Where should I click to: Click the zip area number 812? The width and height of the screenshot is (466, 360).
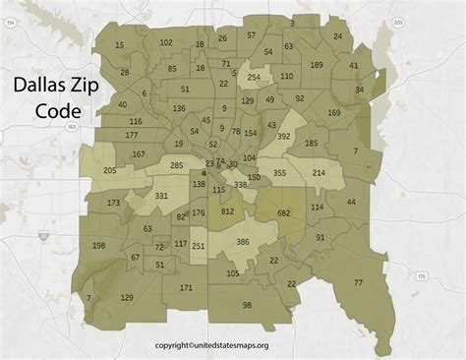[x=228, y=211]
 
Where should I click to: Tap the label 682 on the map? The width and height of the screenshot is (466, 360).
[x=284, y=212]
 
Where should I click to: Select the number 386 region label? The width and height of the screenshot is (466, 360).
[x=242, y=242]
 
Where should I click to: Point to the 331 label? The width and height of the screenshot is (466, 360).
[x=161, y=197]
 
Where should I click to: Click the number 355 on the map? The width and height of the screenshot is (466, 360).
[x=279, y=173]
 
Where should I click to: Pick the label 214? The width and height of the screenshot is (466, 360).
[x=320, y=173]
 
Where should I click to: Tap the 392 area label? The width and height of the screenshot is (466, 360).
[x=283, y=137]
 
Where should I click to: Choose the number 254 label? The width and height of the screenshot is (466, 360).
[x=254, y=77]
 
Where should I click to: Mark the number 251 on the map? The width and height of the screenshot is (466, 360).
[x=198, y=246]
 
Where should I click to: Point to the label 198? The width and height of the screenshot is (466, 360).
[x=98, y=245]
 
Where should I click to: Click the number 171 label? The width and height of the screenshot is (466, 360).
[x=187, y=288]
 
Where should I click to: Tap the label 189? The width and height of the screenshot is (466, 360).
[x=316, y=65]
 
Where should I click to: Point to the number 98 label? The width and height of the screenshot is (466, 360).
[x=247, y=305]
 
